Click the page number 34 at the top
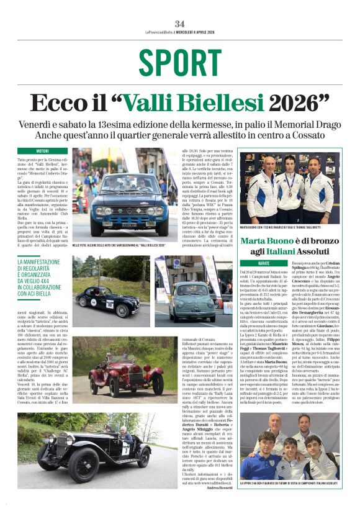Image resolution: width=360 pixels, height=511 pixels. (x=179, y=24)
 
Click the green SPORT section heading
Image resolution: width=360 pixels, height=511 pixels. (x=179, y=63)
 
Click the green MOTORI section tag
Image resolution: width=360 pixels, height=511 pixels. (x=42, y=151)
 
